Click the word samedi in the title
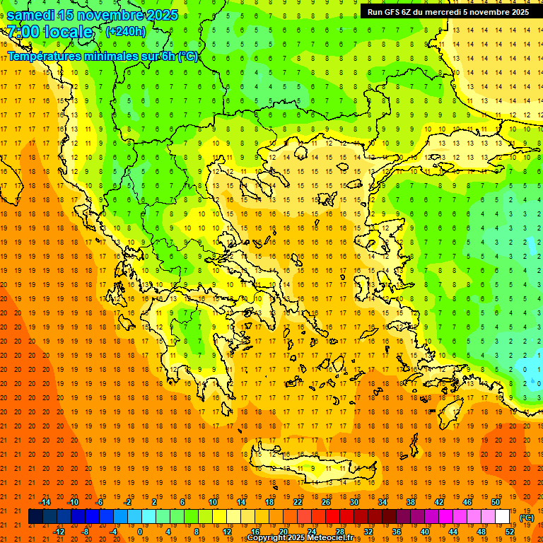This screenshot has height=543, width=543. [x=35, y=15]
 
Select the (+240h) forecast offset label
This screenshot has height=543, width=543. [x=126, y=31]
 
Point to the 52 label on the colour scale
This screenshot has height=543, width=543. [x=509, y=532]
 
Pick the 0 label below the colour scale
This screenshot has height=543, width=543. [x=140, y=532]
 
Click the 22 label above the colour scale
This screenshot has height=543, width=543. [x=298, y=502]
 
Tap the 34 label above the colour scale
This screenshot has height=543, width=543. [x=383, y=502]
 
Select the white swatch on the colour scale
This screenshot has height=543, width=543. [x=503, y=517]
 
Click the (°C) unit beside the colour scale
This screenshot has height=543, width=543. [x=527, y=518]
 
